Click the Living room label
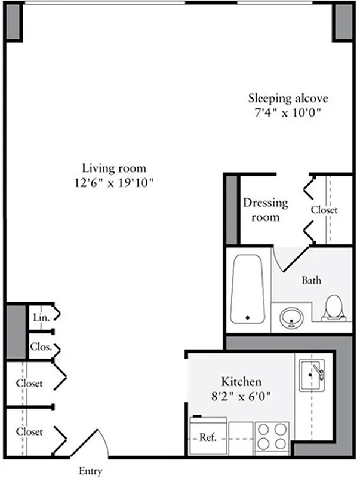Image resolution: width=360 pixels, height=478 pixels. point(114,168)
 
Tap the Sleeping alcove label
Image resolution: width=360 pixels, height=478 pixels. point(288,98)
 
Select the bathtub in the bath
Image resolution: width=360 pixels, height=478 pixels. point(248,289)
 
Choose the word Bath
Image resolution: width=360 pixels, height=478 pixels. point(312,280)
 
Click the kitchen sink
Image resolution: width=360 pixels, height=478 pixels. point(311,375)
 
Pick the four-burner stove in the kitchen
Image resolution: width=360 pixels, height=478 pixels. point(272,437)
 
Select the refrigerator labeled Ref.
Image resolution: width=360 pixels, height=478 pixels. point(207,437)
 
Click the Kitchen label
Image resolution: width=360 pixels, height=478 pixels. point(241,381)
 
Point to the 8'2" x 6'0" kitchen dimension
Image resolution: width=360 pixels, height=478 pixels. point(241,396)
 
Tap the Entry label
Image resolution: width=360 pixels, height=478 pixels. point(91,471)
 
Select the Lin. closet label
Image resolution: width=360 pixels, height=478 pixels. point(41,317)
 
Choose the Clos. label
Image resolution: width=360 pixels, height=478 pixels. point(41,347)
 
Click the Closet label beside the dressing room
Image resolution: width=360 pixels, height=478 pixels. point(324,210)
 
